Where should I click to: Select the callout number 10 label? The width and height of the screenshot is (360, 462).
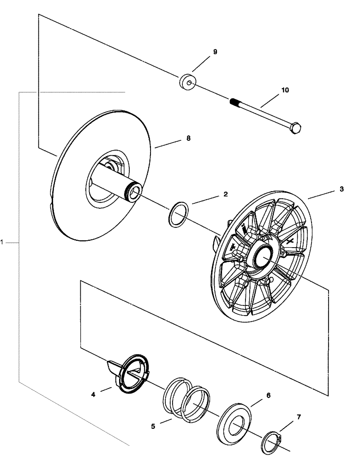(285, 90)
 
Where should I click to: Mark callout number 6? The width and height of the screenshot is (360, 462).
(268, 395)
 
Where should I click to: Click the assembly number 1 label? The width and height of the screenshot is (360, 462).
(3, 242)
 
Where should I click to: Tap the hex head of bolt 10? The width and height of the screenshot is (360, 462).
(295, 127)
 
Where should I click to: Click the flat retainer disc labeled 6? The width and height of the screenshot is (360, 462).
(234, 425)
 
